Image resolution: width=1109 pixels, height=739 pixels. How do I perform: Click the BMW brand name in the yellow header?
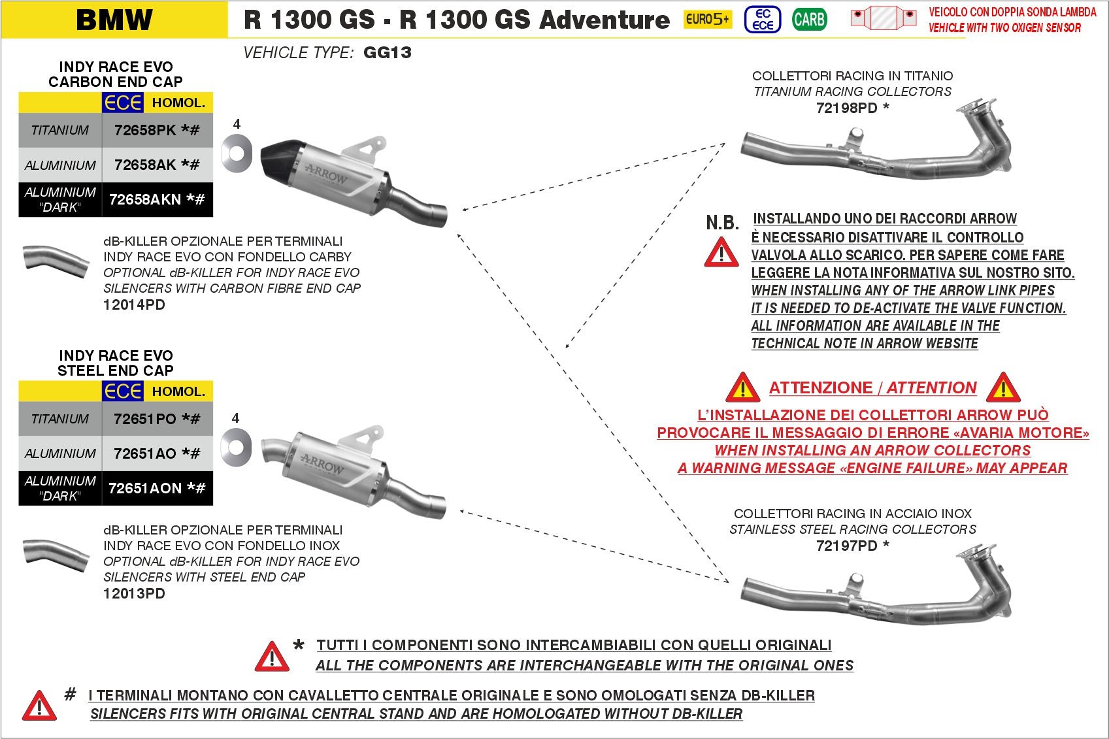114,20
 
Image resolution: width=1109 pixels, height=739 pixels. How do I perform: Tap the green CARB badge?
809,20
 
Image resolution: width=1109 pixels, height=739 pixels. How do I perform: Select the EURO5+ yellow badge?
707,20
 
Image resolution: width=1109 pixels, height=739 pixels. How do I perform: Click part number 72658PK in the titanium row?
145,130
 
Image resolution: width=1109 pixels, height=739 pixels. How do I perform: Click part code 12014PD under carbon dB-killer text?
134,304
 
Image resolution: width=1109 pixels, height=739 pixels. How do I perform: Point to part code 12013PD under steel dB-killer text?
134,593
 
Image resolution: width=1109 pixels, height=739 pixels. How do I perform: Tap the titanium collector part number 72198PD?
846,108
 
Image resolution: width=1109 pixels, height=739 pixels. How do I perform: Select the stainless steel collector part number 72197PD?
846,546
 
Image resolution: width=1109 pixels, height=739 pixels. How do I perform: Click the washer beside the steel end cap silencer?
235,446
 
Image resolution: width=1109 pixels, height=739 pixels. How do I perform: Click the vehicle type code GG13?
387,53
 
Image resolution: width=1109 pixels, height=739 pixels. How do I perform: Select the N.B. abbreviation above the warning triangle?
722,223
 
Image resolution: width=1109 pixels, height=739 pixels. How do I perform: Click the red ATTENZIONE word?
821,387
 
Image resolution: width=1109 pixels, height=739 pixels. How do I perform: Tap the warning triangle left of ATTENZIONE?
742,387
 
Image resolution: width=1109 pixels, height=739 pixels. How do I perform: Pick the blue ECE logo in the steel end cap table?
122,391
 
